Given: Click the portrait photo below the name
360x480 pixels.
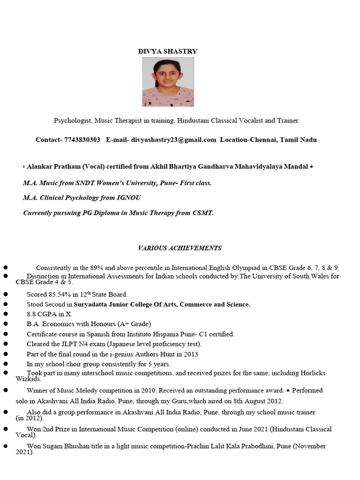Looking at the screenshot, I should (168, 82).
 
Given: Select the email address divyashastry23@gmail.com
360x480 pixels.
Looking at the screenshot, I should (173, 140).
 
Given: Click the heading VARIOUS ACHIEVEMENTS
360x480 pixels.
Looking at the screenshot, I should (180, 248).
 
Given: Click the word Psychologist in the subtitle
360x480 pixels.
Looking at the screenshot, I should (73, 120).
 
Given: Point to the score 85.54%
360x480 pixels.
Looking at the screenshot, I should (60, 294).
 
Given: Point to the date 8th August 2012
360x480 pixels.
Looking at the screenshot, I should (254, 401).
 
